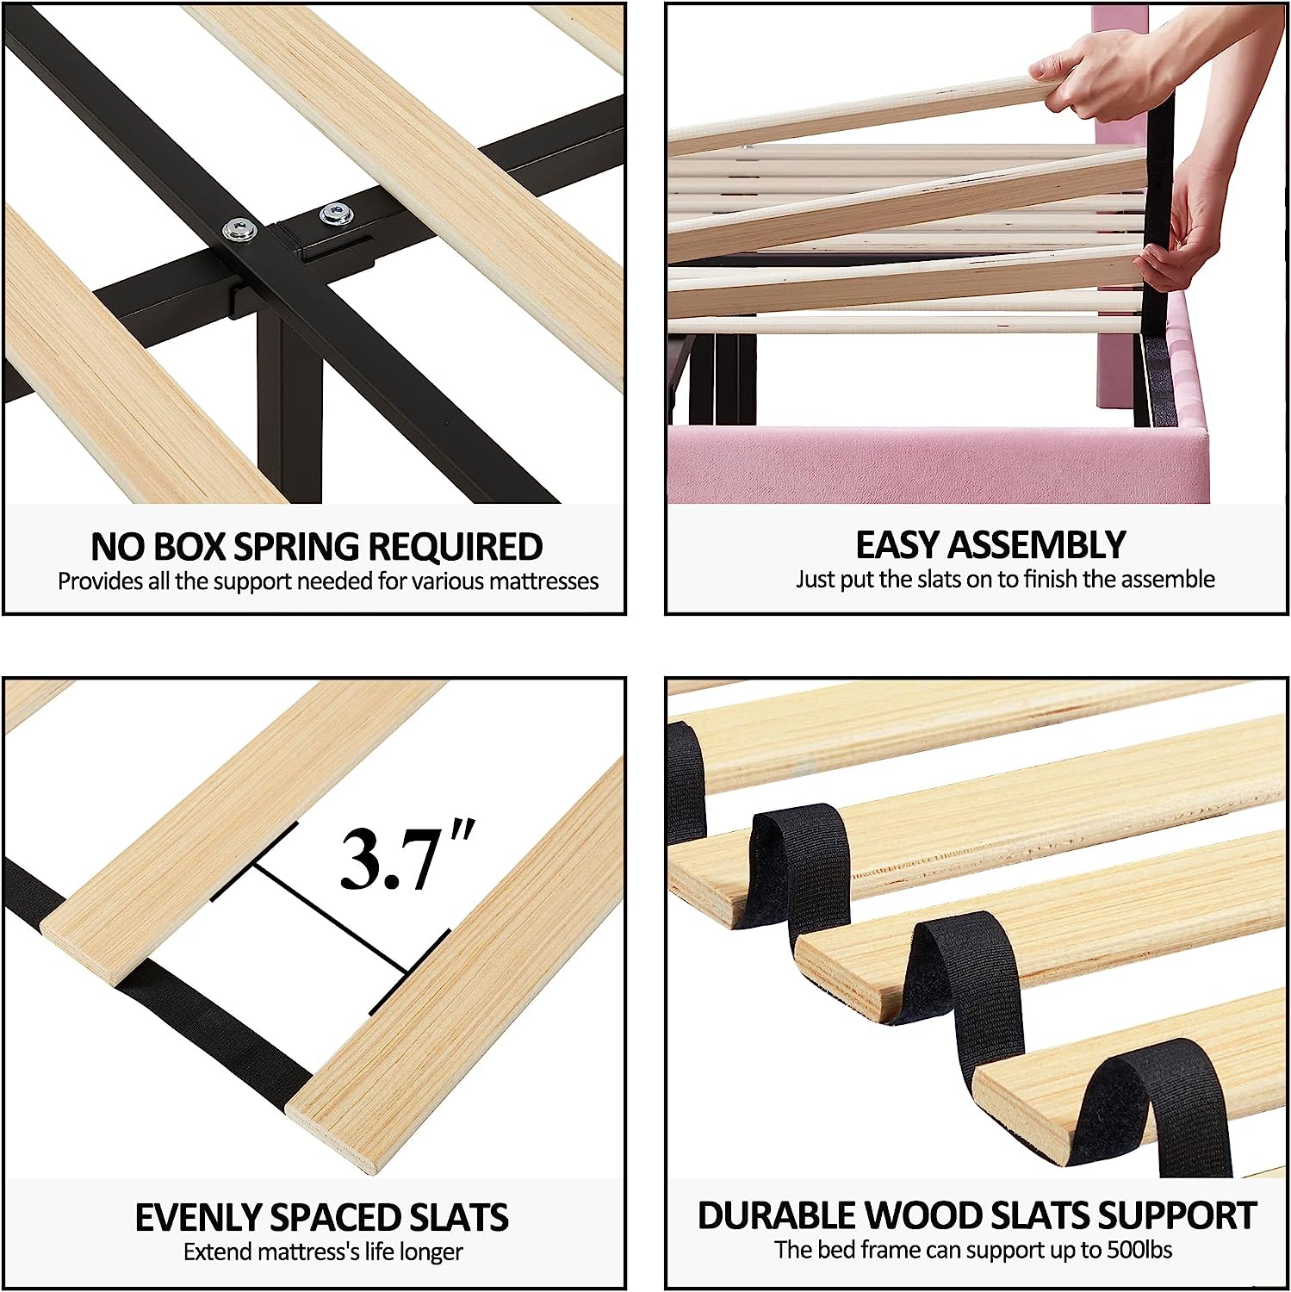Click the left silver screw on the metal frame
click(x=239, y=230)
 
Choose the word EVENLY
click(x=198, y=1217)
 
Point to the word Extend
click(x=216, y=1252)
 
